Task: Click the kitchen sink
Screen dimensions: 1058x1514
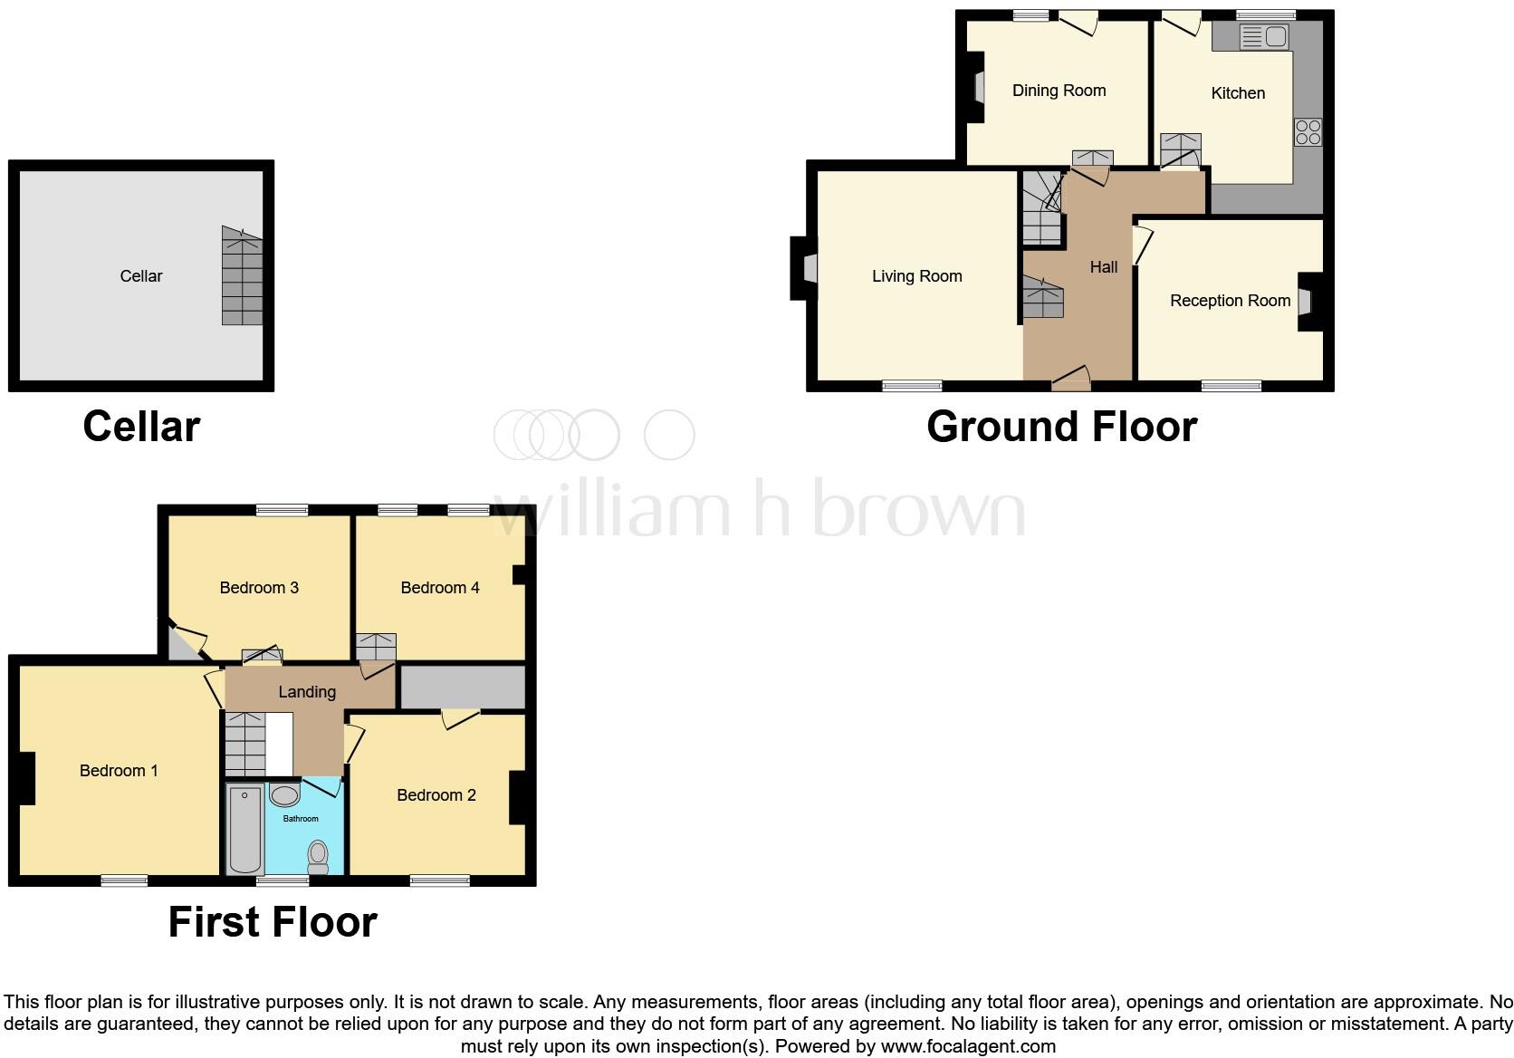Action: [1264, 37]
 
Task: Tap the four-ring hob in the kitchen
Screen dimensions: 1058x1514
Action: [1308, 132]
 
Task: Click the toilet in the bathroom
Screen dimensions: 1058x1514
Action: [318, 856]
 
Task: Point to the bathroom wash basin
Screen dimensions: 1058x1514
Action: [284, 796]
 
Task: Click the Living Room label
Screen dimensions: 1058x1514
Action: [916, 276]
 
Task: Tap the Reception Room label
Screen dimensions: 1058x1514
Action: [1229, 301]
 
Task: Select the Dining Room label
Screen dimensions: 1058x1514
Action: [1059, 91]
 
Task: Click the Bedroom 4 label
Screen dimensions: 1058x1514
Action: [439, 588]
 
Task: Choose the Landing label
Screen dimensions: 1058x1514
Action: [307, 692]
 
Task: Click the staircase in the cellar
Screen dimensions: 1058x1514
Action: [242, 276]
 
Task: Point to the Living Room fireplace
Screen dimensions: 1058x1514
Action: [806, 268]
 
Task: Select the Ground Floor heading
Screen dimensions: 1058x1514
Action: [1061, 427]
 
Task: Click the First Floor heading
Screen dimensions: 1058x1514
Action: [273, 922]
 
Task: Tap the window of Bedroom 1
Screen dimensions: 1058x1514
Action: [124, 880]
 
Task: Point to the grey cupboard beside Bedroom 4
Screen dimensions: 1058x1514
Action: [463, 688]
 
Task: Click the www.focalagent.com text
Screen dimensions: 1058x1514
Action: [968, 1046]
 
